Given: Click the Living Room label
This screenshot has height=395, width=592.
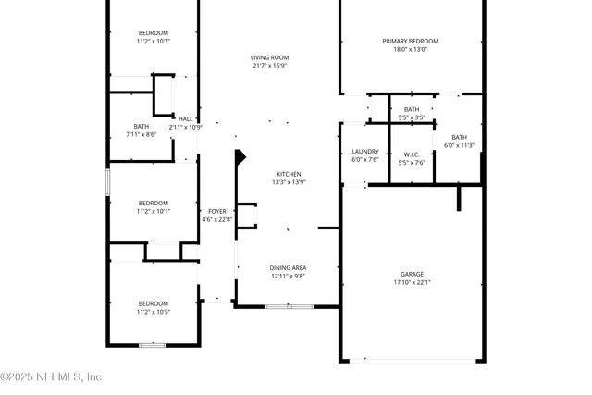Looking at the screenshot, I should click(x=269, y=57).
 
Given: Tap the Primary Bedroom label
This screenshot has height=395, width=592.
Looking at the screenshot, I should click(x=410, y=41).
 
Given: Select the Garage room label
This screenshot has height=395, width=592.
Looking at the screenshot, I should click(x=412, y=274).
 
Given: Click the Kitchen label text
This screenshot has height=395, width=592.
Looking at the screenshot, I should click(x=289, y=174).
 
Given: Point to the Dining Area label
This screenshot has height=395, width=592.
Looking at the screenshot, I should click(x=288, y=267).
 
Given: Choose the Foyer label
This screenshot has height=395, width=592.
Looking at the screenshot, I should click(x=216, y=211).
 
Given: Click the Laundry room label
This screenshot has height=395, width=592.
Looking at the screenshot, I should click(x=364, y=152).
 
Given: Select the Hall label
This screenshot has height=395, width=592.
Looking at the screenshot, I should click(x=185, y=118).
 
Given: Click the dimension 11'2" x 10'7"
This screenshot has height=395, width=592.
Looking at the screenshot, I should click(x=154, y=41).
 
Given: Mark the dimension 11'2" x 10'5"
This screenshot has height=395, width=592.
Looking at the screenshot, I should click(x=154, y=311).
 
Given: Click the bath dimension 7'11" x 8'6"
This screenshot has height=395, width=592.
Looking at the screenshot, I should click(x=141, y=134).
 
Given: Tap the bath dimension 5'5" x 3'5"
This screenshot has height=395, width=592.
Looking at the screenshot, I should click(x=411, y=117).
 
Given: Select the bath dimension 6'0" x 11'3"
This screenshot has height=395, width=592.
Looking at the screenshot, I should click(x=459, y=145).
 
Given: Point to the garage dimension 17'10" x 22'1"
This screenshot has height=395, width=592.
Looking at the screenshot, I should click(x=412, y=282).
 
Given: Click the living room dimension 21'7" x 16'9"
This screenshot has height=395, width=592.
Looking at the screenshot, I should click(x=269, y=66).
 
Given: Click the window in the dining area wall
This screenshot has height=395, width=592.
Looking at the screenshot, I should click(x=277, y=306).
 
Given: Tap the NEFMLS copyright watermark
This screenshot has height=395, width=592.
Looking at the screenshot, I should click(x=51, y=376).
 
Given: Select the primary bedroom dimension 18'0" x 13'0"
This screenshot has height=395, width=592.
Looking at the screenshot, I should click(x=410, y=49).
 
